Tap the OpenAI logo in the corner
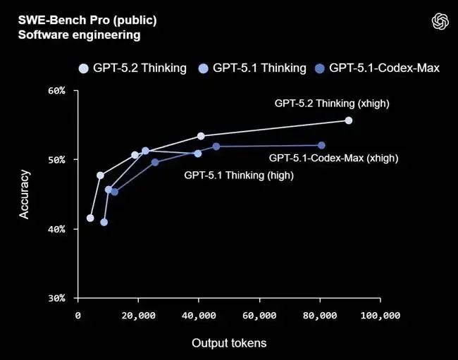click(x=440, y=22)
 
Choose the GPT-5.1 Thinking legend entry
click(x=253, y=68)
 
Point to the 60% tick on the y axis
click(x=56, y=91)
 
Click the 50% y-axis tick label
click(x=56, y=160)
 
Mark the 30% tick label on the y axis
click(x=56, y=298)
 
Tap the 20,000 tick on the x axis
click(x=138, y=316)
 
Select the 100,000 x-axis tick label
click(x=380, y=316)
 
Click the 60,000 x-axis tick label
click(x=259, y=316)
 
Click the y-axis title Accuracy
click(x=25, y=194)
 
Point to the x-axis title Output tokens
click(x=229, y=343)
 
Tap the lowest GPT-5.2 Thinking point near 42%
click(x=90, y=218)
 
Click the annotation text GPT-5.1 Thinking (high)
click(x=239, y=175)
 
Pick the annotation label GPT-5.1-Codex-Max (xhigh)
click(x=333, y=159)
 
